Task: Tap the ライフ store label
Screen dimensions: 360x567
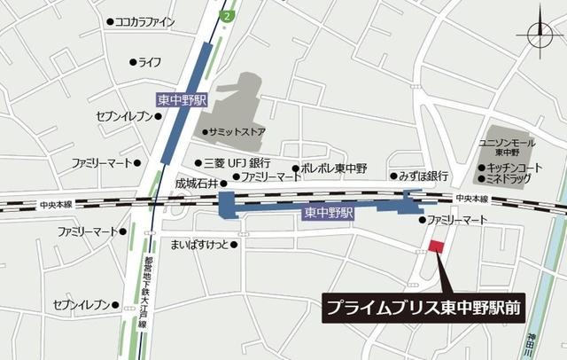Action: (150, 62)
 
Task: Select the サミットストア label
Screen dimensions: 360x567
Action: (238, 132)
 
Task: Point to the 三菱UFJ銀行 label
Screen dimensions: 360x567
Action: (237, 163)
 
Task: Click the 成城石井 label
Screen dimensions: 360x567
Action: (194, 184)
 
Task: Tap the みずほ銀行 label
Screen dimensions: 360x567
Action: (423, 176)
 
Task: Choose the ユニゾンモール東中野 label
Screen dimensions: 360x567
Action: (507, 147)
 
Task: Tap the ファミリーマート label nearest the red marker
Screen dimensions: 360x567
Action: (458, 219)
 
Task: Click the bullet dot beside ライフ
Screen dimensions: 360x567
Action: (133, 62)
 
